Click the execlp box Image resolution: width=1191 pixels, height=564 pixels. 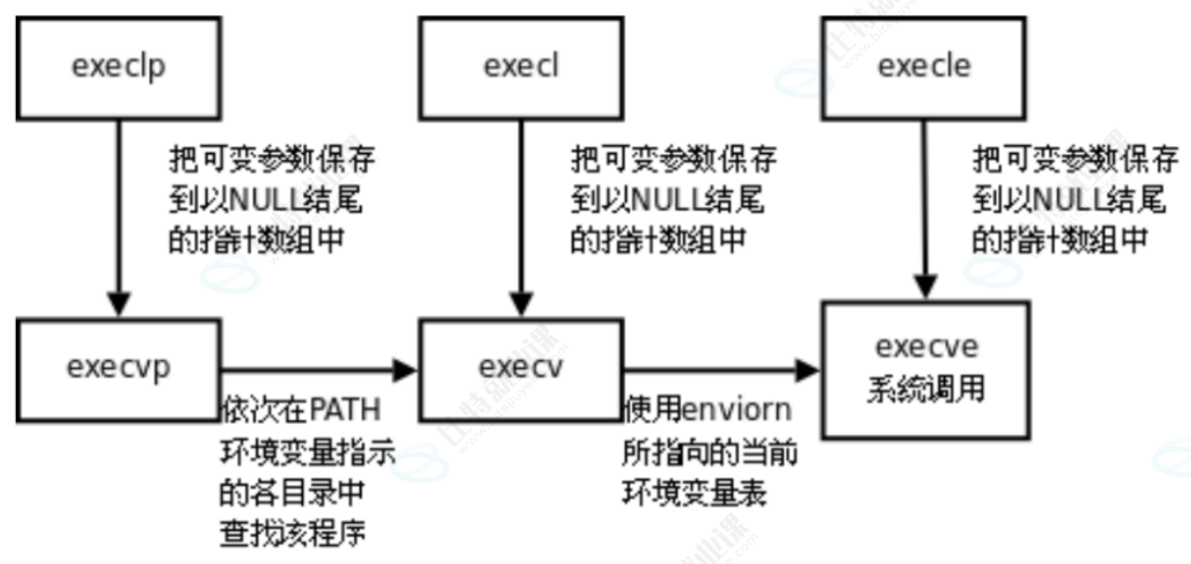(x=119, y=68)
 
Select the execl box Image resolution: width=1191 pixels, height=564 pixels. (x=522, y=68)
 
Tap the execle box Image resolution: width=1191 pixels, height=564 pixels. (x=924, y=68)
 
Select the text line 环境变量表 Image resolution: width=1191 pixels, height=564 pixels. (x=694, y=493)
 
